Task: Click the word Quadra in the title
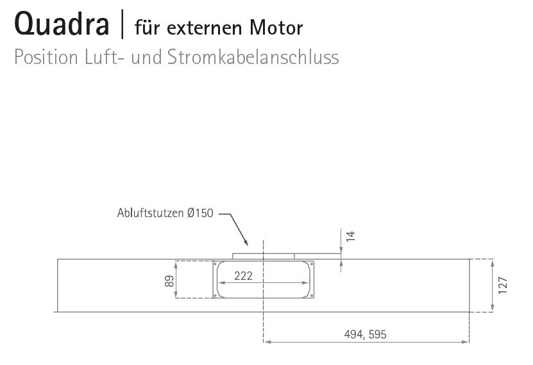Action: [62, 24]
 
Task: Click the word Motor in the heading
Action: [276, 28]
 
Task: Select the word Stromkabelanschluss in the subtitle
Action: [253, 58]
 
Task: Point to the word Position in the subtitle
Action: [46, 58]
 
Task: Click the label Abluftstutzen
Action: [150, 213]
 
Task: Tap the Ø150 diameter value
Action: [200, 213]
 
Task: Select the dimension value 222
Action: [243, 276]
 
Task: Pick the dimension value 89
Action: [169, 281]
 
